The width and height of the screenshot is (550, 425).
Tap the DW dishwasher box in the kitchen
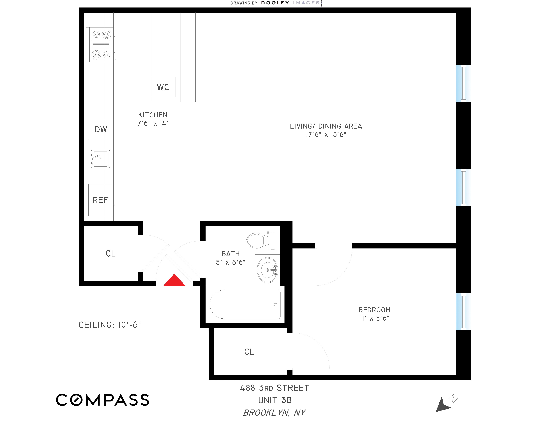pos(101,129)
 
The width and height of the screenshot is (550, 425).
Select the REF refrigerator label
pos(100,200)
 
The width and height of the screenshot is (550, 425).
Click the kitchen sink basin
pos(100,159)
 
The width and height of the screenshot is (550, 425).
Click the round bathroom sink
pos(268,270)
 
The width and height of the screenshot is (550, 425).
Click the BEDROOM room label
pos(374,310)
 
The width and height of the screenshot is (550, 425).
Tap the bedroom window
pos(464,312)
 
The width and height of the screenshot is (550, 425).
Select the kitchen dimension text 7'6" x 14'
pos(153,123)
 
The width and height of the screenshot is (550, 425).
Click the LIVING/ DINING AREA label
pos(326,126)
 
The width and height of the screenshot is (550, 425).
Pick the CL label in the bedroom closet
pos(249,352)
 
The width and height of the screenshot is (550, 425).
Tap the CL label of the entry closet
pos(111,253)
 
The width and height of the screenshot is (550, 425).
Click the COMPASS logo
pos(102,400)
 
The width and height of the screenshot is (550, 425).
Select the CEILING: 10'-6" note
pos(110,325)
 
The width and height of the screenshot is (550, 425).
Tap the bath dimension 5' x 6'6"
pos(230,262)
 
